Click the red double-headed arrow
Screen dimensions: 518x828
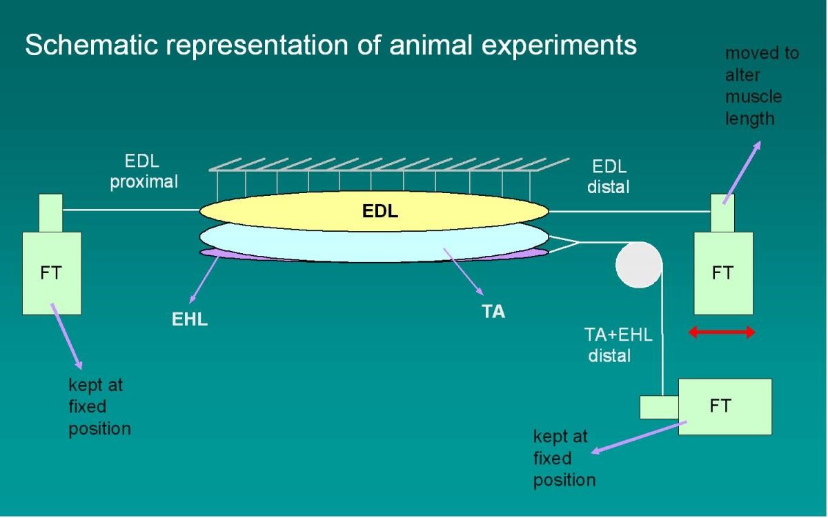point(722,332)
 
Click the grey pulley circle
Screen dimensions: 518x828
point(638,264)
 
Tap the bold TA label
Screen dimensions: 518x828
point(493,312)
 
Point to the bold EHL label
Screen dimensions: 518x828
point(190,320)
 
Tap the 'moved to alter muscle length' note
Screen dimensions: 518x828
point(760,86)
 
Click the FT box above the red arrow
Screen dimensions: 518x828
point(722,272)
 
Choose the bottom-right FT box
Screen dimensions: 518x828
point(724,406)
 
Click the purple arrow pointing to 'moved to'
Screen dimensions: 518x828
point(742,172)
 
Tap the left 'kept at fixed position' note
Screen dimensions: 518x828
point(99,407)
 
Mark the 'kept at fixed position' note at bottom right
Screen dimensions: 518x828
point(564,457)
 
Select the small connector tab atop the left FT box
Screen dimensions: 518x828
point(50,213)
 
